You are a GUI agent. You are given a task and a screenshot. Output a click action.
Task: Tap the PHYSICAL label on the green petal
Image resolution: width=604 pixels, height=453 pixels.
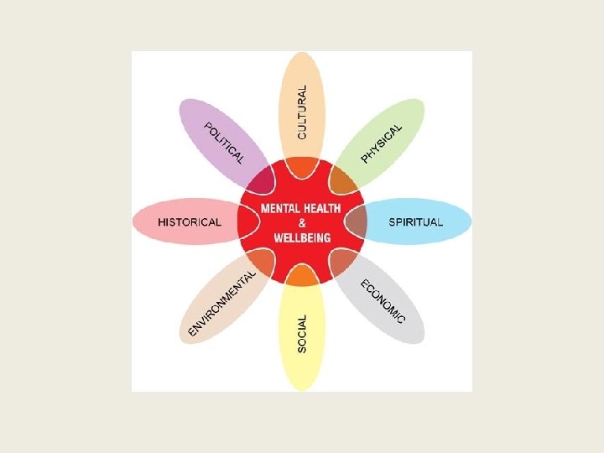click(382, 143)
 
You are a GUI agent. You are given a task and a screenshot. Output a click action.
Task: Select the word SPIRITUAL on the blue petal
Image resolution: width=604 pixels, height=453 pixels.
click(414, 222)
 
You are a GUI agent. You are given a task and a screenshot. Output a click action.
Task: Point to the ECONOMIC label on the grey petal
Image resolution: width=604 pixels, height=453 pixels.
click(383, 300)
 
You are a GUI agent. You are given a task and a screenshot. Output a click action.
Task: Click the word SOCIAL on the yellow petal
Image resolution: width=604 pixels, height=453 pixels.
click(303, 333)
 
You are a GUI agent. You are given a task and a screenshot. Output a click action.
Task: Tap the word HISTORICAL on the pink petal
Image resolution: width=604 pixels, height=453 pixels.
click(190, 222)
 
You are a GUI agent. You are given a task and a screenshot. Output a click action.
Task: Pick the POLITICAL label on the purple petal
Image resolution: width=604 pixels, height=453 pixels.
click(224, 143)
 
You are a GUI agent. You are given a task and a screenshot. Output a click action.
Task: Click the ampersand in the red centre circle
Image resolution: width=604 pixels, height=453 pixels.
click(302, 222)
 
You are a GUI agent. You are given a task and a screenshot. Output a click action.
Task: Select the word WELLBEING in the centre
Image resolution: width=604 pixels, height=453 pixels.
click(302, 237)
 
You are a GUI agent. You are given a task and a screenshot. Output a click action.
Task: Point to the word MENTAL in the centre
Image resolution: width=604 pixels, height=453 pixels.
click(283, 207)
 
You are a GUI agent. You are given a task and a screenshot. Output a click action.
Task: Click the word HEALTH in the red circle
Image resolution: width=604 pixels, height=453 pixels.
click(325, 207)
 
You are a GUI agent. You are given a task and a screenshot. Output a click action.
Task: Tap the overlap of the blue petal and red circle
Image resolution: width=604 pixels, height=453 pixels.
click(356, 221)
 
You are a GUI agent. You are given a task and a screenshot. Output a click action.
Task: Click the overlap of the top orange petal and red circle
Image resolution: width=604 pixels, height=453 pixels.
click(302, 168)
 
